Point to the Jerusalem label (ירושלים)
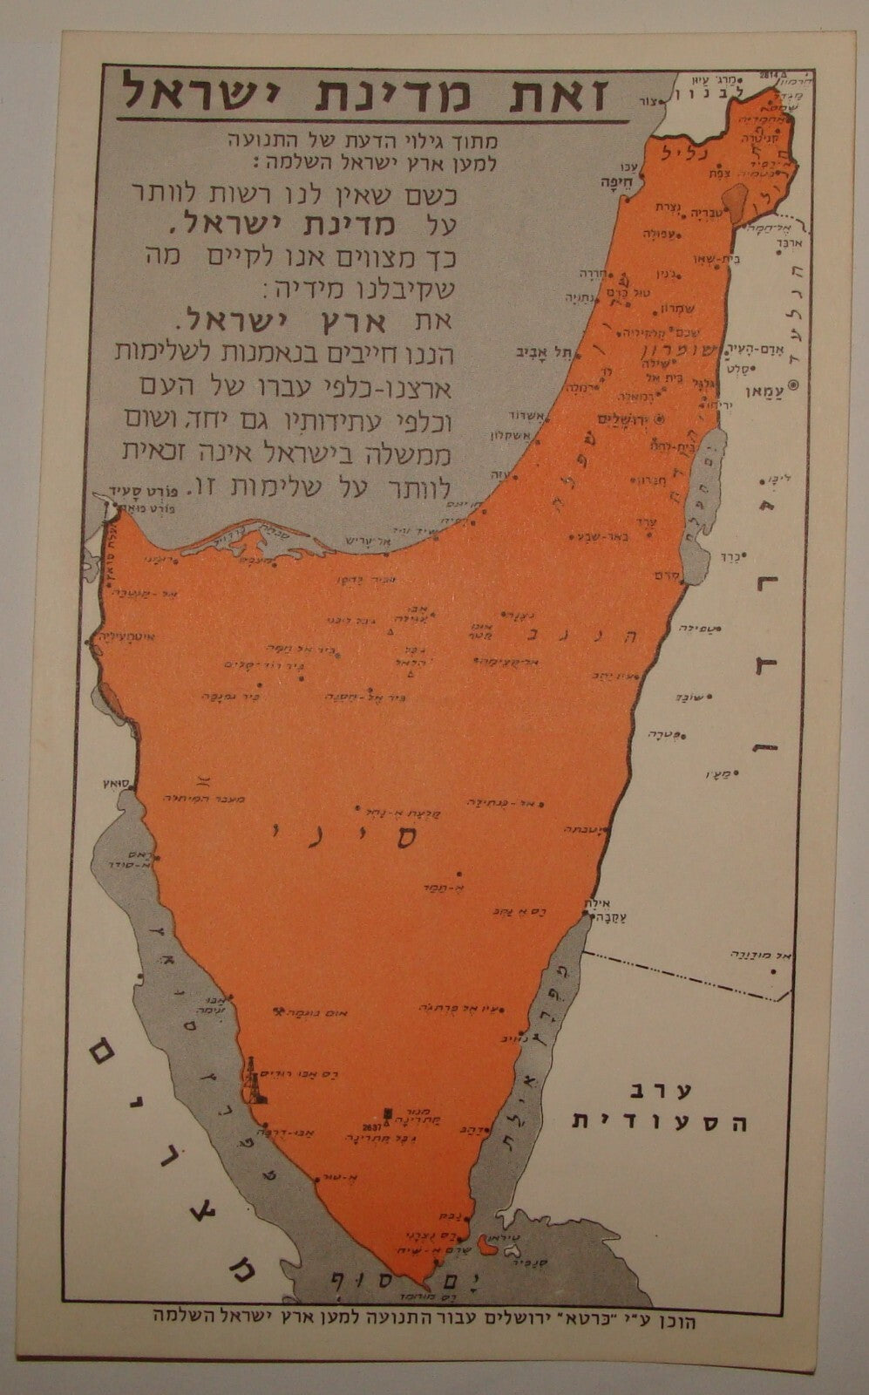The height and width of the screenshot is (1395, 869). coord(628,418)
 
